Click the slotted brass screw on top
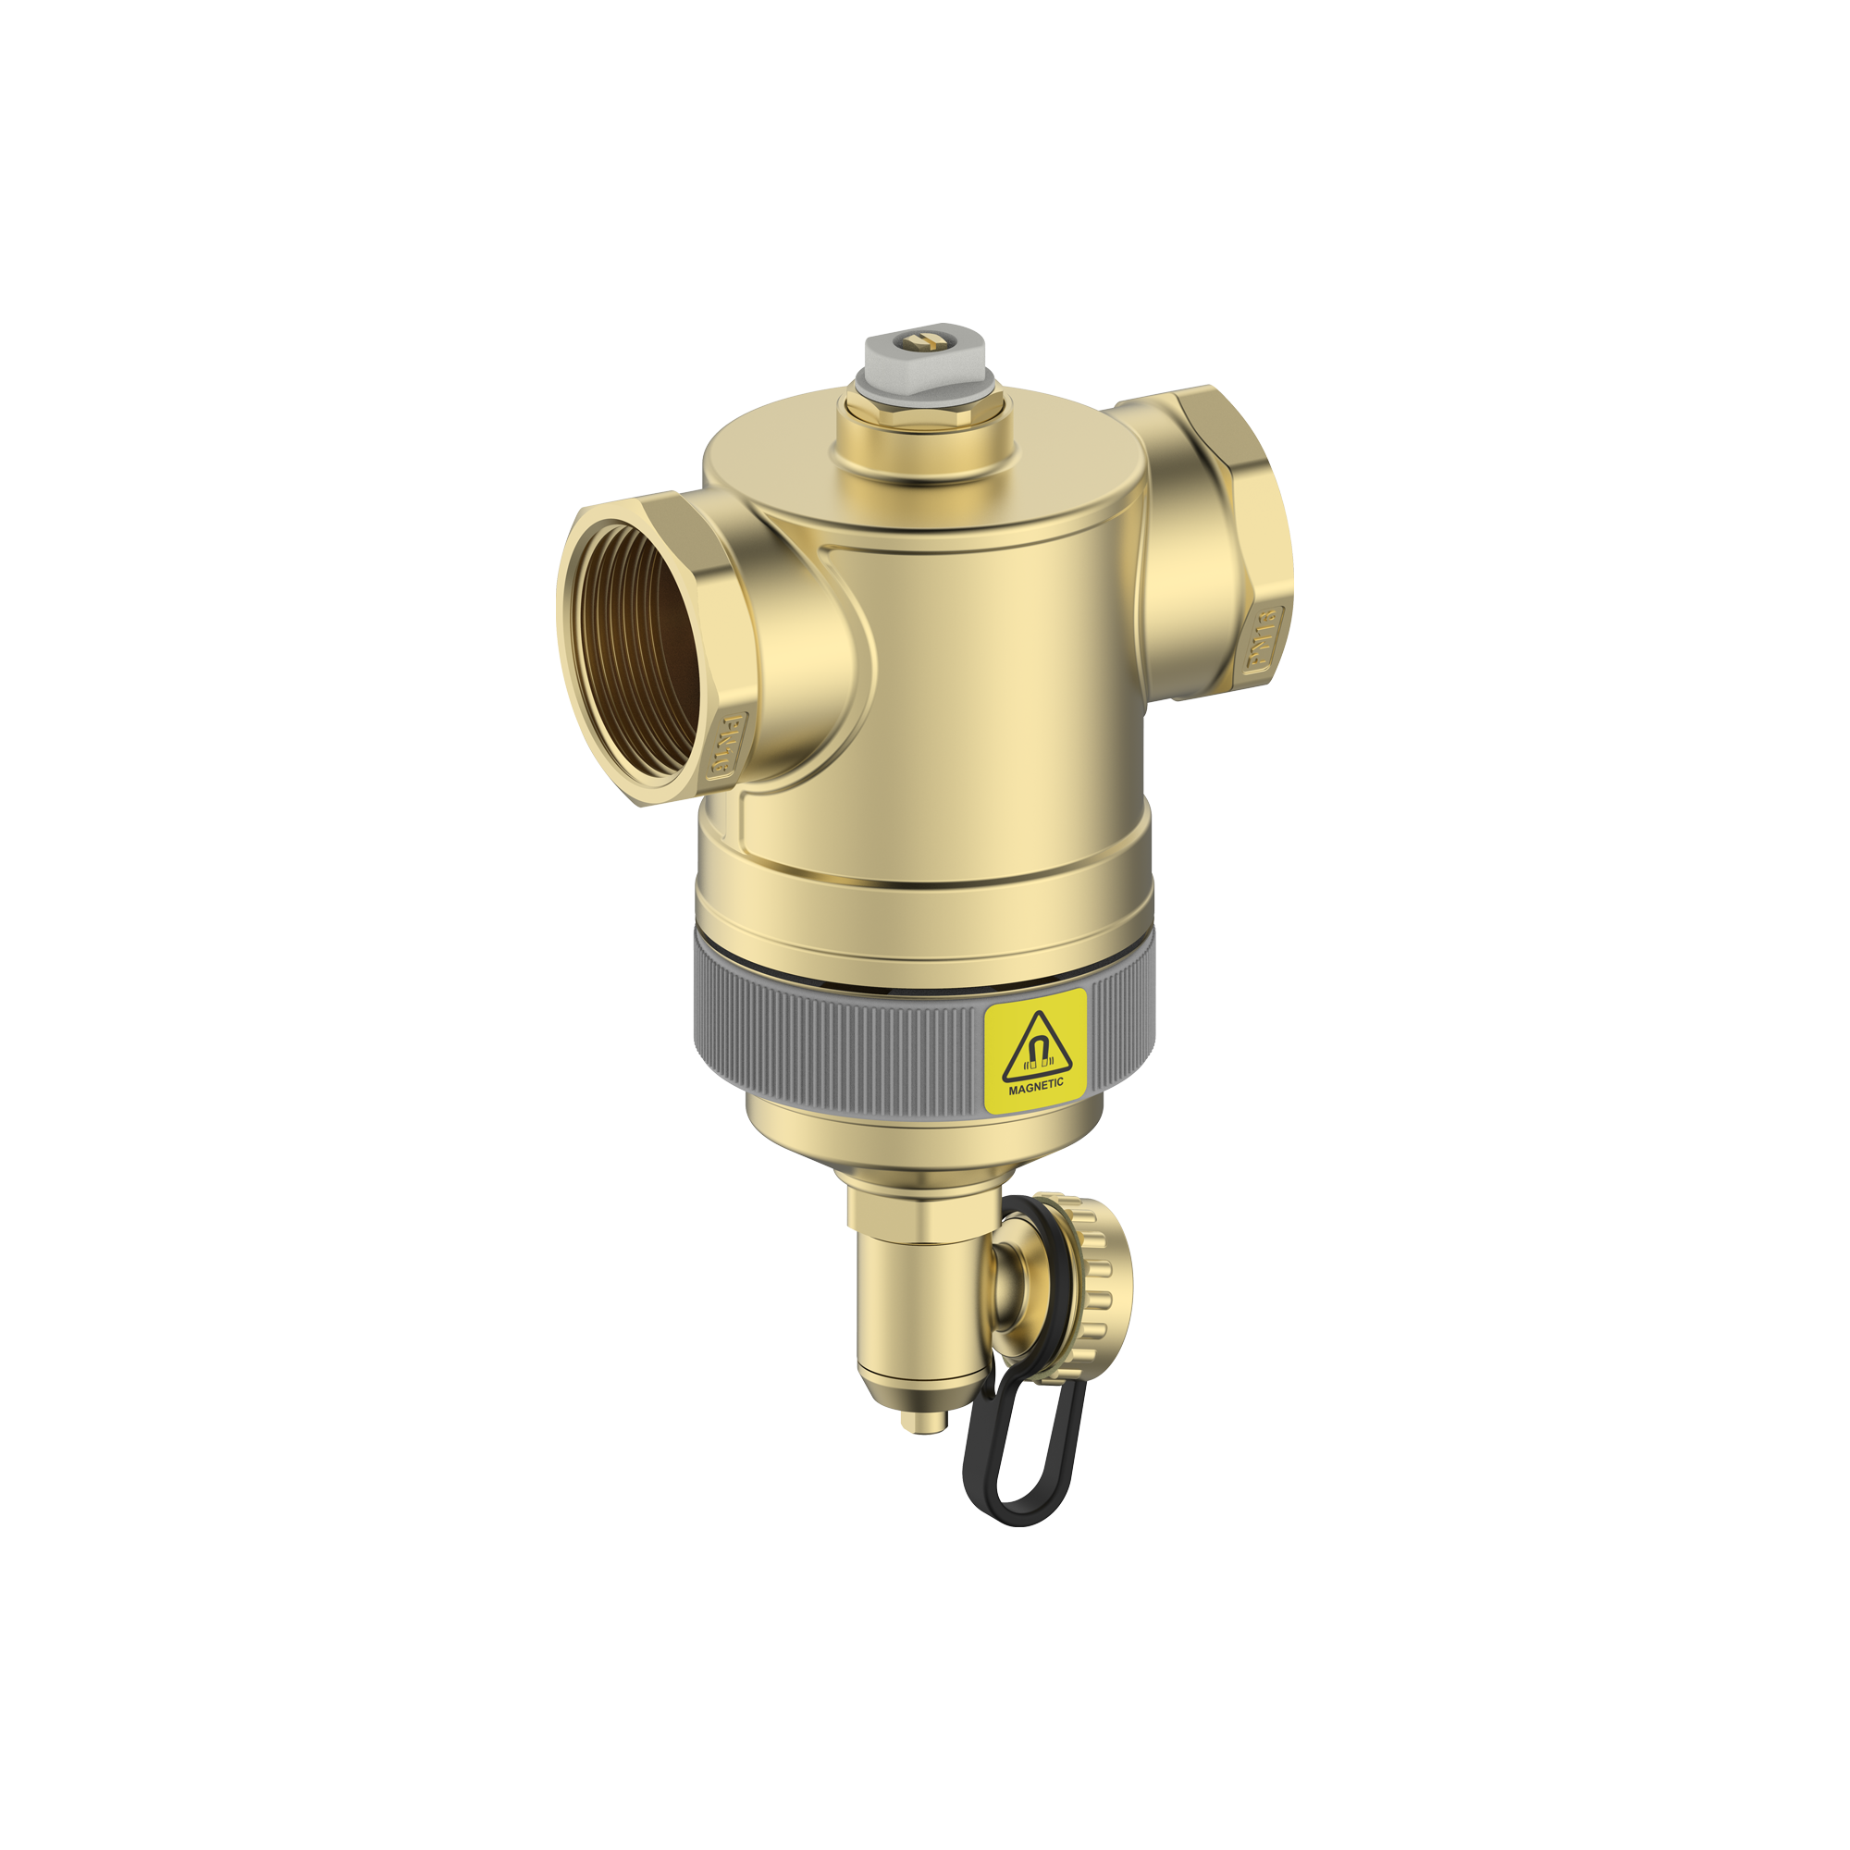click(x=925, y=341)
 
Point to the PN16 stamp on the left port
click(x=727, y=746)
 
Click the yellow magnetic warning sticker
click(x=1035, y=1051)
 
